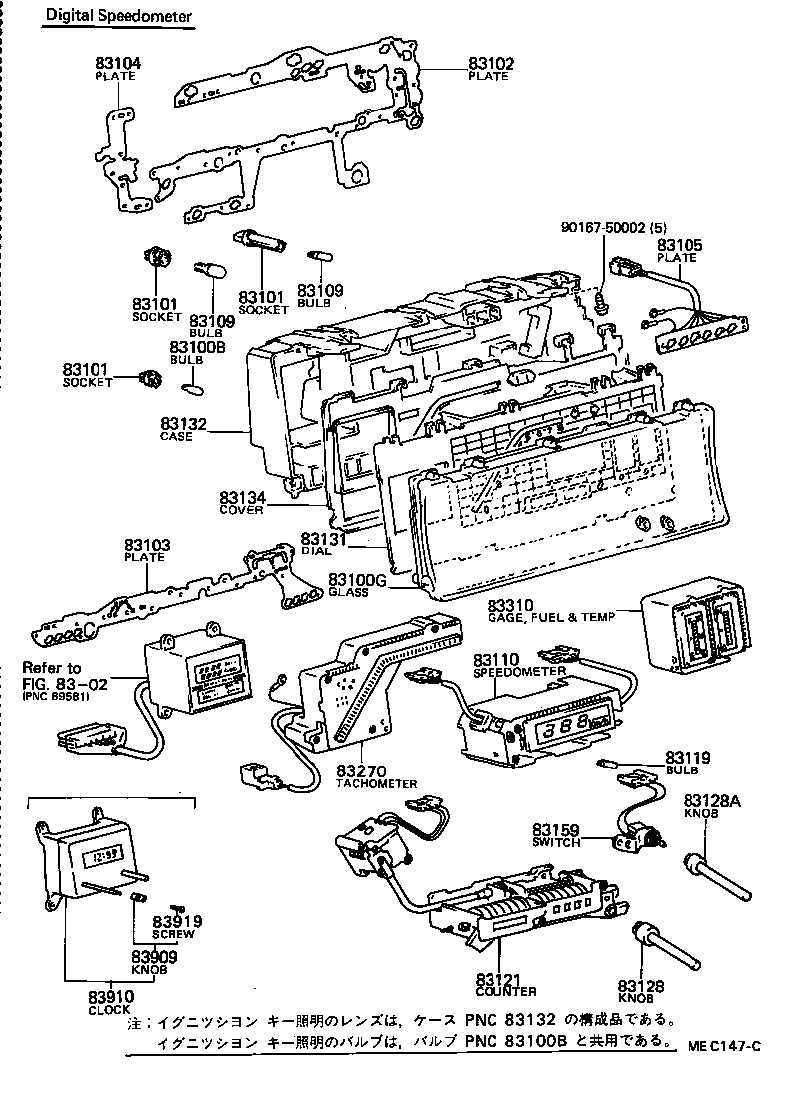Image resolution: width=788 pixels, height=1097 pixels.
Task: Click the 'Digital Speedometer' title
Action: [x=115, y=18]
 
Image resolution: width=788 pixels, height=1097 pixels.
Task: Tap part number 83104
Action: [x=118, y=63]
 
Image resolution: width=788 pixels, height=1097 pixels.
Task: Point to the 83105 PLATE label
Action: [x=679, y=251]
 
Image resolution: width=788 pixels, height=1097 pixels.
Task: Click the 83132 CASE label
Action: [x=184, y=429]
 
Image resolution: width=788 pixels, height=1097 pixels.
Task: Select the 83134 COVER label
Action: [x=242, y=501]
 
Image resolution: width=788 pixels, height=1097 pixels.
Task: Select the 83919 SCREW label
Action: [x=177, y=927]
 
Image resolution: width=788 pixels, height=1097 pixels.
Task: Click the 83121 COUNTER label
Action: [x=505, y=985]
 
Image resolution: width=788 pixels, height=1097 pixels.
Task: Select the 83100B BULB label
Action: [x=198, y=352]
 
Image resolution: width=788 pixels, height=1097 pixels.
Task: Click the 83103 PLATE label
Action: [x=147, y=550]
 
